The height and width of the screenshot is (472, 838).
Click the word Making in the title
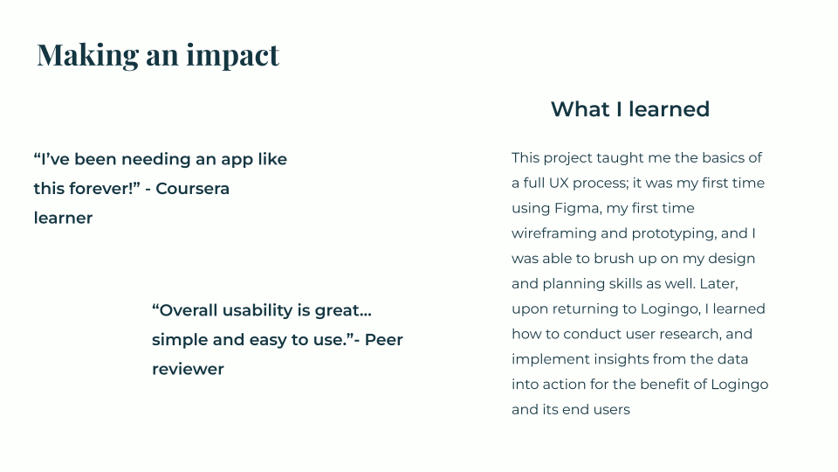click(x=76, y=55)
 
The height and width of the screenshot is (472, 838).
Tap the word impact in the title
click(x=234, y=55)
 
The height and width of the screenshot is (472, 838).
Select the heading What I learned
click(x=629, y=109)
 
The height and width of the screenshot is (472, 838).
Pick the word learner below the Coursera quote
click(x=63, y=219)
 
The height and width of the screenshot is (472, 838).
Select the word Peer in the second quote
click(x=383, y=340)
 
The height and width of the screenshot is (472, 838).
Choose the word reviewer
click(x=188, y=370)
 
